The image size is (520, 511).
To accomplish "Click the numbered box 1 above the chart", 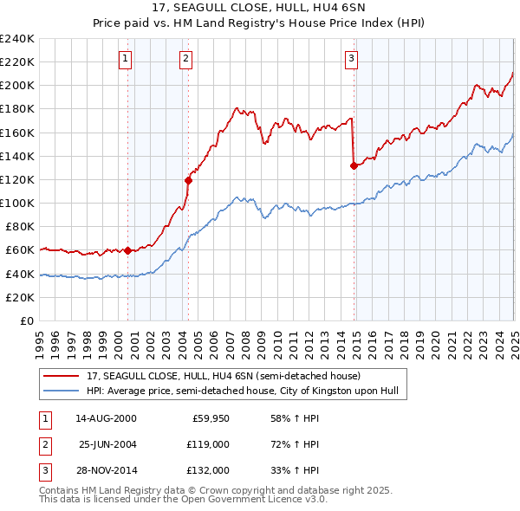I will pyautogui.click(x=126, y=59).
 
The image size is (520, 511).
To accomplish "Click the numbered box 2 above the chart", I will pyautogui.click(x=186, y=59).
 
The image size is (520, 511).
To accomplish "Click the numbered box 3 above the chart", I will pyautogui.click(x=351, y=59).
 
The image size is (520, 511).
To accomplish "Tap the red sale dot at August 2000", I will pyautogui.click(x=127, y=251).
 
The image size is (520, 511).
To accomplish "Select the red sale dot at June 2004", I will pyautogui.click(x=188, y=180).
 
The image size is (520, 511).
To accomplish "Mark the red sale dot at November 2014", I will pyautogui.click(x=354, y=165).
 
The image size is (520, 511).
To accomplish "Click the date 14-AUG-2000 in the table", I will pyautogui.click(x=106, y=418).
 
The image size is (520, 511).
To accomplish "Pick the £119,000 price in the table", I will pyautogui.click(x=209, y=444).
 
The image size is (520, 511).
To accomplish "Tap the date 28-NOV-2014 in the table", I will pyautogui.click(x=106, y=470).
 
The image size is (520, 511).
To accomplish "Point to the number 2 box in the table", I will pyautogui.click(x=42, y=444).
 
